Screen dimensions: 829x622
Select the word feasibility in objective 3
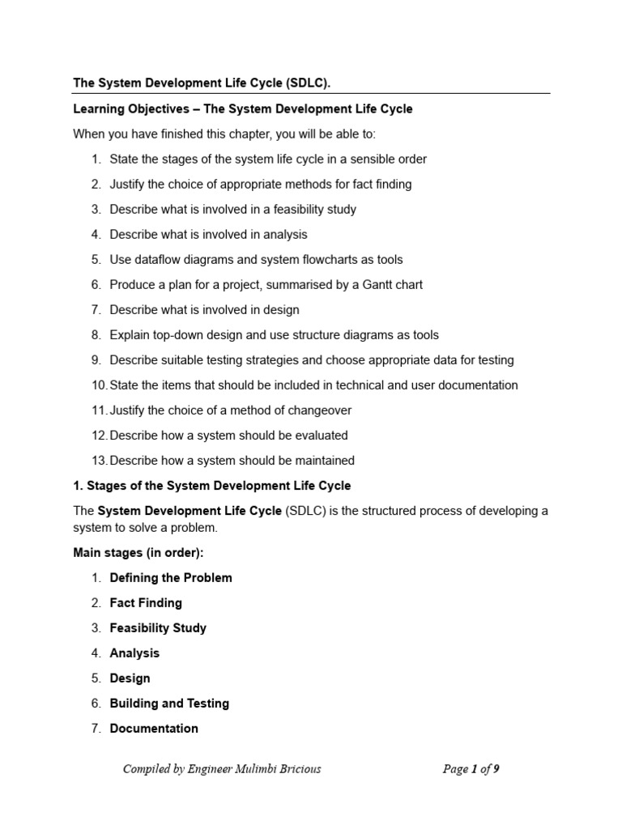(x=296, y=210)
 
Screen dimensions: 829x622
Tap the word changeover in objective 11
(x=318, y=410)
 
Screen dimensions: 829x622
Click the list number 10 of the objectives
(x=99, y=385)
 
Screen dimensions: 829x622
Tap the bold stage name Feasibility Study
(x=158, y=628)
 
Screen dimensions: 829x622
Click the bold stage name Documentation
(x=154, y=729)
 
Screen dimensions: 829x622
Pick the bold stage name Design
(x=130, y=678)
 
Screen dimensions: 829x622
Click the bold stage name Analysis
(x=134, y=653)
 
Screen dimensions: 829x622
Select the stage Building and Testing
(x=169, y=704)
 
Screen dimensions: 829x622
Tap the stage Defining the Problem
(x=171, y=578)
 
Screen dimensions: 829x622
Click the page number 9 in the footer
(x=496, y=769)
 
